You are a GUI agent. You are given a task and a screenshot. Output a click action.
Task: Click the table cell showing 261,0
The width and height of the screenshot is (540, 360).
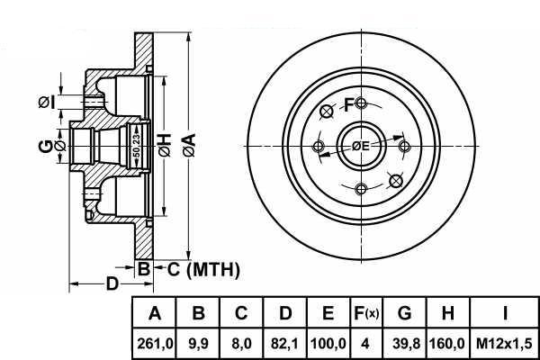[x=154, y=344]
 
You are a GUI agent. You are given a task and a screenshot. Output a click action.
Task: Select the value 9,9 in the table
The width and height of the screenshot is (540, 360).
[x=198, y=344]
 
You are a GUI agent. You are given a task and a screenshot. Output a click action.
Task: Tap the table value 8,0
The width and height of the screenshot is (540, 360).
[x=241, y=344]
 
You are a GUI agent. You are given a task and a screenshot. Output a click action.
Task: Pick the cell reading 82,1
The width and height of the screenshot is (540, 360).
[x=284, y=344]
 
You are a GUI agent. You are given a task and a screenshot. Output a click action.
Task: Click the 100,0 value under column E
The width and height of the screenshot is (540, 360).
[x=328, y=344]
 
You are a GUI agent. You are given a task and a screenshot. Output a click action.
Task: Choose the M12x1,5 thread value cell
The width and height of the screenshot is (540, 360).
[x=504, y=344]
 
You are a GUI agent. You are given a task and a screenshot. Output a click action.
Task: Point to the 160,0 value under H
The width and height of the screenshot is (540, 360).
[x=447, y=344]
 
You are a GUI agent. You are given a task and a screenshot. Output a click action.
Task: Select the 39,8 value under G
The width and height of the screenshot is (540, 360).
[x=406, y=344]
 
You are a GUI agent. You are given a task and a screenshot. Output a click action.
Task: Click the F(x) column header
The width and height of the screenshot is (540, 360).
[x=365, y=313]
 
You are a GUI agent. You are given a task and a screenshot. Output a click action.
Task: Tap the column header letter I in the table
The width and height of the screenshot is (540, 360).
[x=505, y=313]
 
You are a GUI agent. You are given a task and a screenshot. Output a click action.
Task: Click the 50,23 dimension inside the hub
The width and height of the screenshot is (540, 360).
[x=137, y=146]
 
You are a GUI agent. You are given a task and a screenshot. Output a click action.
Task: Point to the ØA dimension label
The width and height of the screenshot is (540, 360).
[x=189, y=146]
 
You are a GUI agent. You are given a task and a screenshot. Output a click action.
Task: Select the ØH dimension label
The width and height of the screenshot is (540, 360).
[x=165, y=146]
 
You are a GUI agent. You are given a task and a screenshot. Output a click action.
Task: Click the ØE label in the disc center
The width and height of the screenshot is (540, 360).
[x=360, y=146]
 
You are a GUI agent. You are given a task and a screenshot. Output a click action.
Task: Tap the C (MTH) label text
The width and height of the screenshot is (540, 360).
[x=203, y=269]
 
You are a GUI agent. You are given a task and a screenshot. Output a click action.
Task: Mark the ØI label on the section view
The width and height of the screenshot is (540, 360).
[x=46, y=103]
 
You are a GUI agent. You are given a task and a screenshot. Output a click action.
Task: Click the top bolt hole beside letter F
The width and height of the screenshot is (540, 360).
[x=361, y=103]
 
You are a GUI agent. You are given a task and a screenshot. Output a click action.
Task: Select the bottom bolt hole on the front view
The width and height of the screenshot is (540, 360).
[x=361, y=189]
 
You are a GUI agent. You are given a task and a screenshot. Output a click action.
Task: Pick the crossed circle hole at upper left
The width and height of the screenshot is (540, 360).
[x=327, y=112]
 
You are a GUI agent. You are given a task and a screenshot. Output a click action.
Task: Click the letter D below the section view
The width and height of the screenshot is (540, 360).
[x=112, y=283]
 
